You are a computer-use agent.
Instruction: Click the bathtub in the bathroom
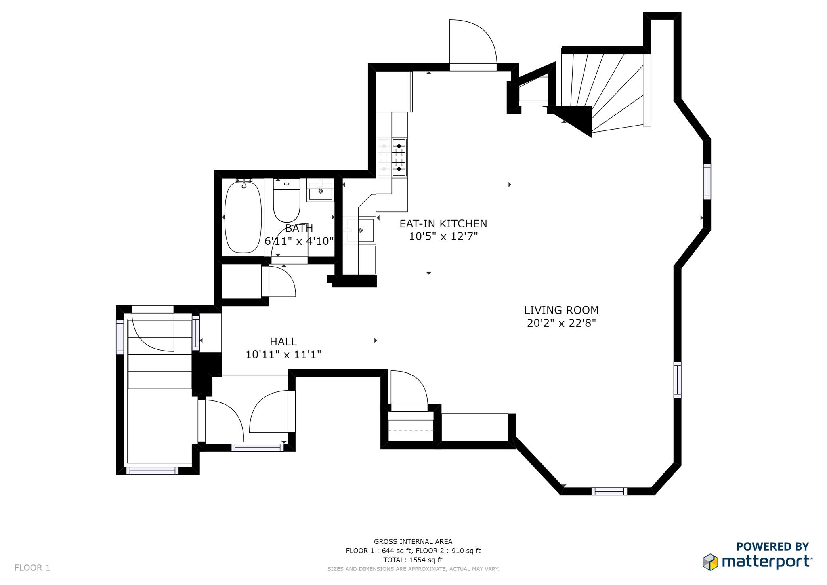tap(243, 217)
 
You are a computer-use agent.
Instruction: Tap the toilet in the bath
tap(287, 200)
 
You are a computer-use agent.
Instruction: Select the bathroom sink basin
tap(321, 191)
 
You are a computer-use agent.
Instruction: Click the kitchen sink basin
tap(366, 230)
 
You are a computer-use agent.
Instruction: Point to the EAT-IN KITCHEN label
tap(443, 223)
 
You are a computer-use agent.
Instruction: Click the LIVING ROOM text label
tap(561, 310)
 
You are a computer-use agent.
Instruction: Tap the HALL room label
tap(283, 342)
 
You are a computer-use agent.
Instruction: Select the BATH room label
tap(299, 228)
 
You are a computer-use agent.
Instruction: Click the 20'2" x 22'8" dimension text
tap(561, 323)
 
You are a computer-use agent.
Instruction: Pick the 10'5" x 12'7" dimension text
tap(443, 236)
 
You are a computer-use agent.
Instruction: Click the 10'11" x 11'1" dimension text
tap(283, 355)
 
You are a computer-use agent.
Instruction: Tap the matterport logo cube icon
tap(710, 562)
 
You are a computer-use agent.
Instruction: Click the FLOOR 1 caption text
tap(32, 568)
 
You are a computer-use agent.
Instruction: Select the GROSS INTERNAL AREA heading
tap(413, 541)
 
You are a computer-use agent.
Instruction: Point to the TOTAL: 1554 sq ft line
tap(413, 560)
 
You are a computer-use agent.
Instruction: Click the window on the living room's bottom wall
tap(609, 491)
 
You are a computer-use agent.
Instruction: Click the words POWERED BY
tap(772, 547)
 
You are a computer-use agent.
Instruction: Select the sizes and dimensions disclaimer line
tap(413, 569)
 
